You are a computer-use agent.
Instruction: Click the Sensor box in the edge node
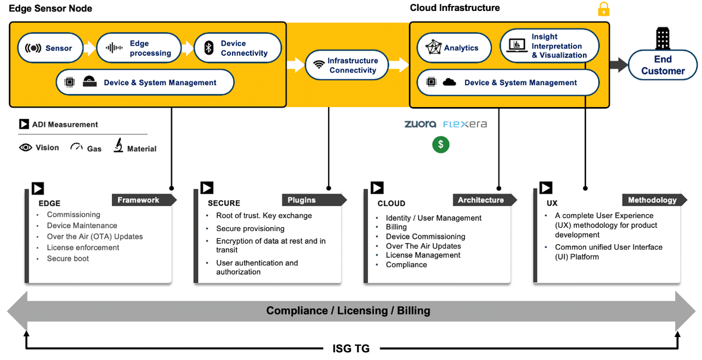tap(50, 48)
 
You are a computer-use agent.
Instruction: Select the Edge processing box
tap(139, 48)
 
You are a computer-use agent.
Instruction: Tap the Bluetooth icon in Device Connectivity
tap(208, 48)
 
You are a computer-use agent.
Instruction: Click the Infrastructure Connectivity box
tap(347, 65)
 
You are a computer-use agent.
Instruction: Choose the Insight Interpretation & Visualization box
tap(549, 46)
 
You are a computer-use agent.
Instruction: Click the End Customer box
tap(663, 65)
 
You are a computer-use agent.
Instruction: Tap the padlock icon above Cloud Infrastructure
tap(603, 9)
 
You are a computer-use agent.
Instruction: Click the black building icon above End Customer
tap(663, 38)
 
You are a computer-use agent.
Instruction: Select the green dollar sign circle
tap(440, 144)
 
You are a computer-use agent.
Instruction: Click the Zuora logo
tap(420, 124)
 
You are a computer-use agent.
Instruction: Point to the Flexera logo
tap(465, 124)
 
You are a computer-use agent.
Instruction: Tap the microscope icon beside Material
tap(118, 146)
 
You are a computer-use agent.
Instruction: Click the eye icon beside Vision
tap(26, 148)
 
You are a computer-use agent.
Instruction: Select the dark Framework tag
tap(141, 200)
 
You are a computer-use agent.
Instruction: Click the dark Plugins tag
tap(312, 200)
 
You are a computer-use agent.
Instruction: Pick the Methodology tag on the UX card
tap(652, 200)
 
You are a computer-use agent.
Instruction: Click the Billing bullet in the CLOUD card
tap(396, 227)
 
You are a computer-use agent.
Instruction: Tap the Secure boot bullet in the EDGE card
tap(67, 258)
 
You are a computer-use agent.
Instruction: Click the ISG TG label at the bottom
tap(351, 348)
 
